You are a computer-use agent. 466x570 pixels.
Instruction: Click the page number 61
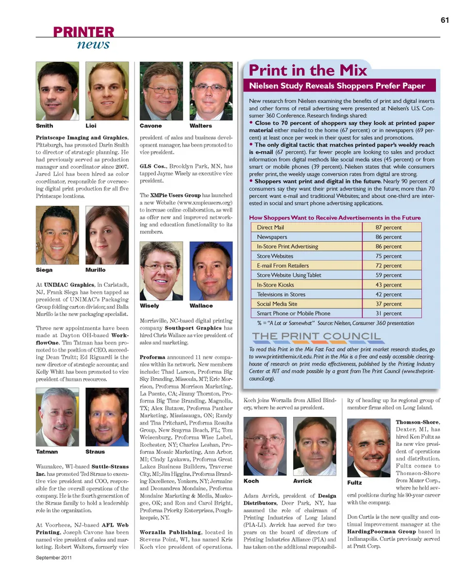444,20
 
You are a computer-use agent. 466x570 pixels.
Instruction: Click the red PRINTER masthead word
84,32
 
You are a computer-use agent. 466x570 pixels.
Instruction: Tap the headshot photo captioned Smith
57,91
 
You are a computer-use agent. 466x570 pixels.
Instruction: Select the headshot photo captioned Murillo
107,235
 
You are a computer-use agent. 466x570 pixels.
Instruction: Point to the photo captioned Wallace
211,271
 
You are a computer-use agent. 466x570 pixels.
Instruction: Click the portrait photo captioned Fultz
369,448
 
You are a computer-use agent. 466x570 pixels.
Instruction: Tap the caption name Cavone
150,126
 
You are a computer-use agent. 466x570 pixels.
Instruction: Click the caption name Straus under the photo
95,451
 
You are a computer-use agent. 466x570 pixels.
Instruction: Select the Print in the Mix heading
308,70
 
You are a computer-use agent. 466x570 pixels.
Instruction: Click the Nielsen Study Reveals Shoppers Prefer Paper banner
337,86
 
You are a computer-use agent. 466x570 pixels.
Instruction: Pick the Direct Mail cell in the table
270,227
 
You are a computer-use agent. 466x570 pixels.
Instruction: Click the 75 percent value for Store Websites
389,256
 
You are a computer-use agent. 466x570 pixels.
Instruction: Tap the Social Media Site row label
277,304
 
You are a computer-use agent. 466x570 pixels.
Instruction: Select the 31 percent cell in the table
389,314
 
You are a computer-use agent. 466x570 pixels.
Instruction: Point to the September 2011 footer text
54,557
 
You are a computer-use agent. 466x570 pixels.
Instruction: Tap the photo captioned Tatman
57,417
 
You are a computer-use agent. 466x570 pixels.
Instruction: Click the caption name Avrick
302,481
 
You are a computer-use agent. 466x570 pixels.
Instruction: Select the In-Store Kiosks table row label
275,285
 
